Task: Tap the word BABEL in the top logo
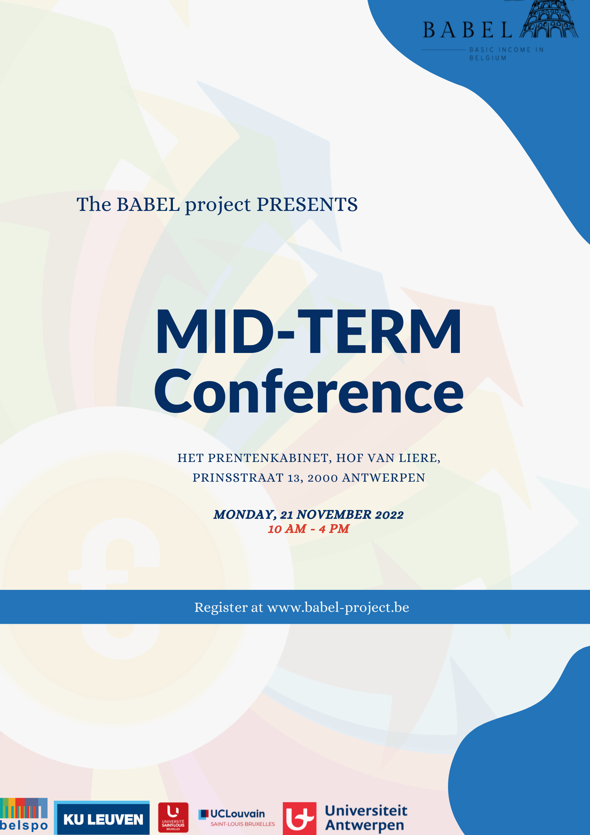coord(468,30)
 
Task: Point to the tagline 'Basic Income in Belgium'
coord(506,54)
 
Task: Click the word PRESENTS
coord(307,205)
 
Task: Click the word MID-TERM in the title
coord(309,331)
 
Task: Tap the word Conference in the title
coord(309,391)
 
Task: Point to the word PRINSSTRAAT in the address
coord(238,478)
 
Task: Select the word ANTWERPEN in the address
coord(384,478)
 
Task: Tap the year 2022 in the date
coord(389,515)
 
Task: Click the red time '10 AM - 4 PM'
coord(309,529)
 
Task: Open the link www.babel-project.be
coord(338,607)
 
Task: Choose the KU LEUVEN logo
coord(102,818)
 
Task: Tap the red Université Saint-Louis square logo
coord(173,817)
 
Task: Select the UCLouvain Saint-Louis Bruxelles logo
coord(237,818)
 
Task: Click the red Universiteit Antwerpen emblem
coord(300,818)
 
